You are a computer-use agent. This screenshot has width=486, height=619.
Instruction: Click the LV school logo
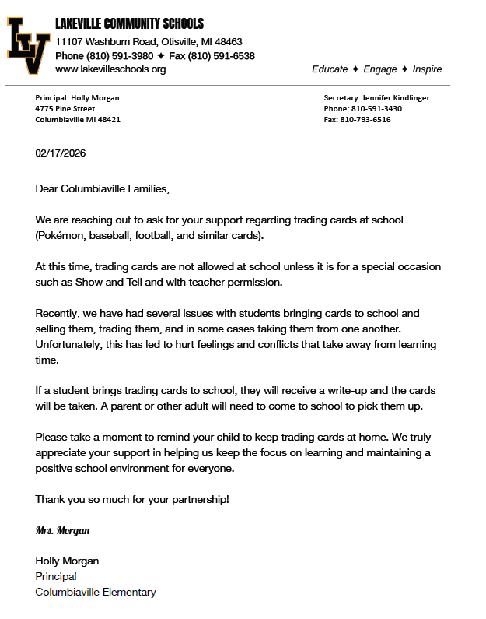28,46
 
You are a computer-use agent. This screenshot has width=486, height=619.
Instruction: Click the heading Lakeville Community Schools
129,24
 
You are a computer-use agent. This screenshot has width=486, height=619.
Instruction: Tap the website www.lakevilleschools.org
110,69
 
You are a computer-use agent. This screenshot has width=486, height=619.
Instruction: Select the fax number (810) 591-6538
222,56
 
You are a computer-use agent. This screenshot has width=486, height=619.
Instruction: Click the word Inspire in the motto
427,69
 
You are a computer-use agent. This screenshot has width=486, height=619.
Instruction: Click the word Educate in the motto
330,69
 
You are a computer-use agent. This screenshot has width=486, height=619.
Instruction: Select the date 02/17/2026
61,153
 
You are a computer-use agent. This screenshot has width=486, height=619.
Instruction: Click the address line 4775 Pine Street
65,109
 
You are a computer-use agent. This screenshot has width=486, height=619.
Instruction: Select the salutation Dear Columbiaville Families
102,188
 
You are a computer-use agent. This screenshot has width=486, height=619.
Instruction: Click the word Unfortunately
71,344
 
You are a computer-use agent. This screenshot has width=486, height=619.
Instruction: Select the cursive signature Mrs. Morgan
63,530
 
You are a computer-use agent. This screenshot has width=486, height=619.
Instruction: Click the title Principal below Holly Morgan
56,576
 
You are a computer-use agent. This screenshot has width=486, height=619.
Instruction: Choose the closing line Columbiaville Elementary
96,592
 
